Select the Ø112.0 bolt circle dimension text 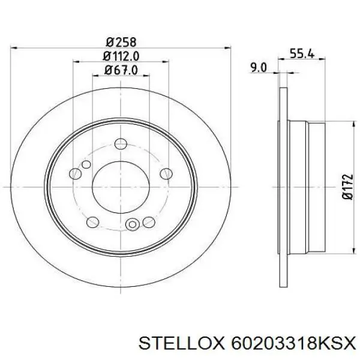coord(121,56)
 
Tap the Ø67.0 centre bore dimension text coord(121,70)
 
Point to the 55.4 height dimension coord(302,53)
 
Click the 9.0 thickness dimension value coord(258,68)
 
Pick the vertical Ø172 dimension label coord(347,187)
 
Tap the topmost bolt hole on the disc coord(121,144)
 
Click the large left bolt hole coord(75,173)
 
